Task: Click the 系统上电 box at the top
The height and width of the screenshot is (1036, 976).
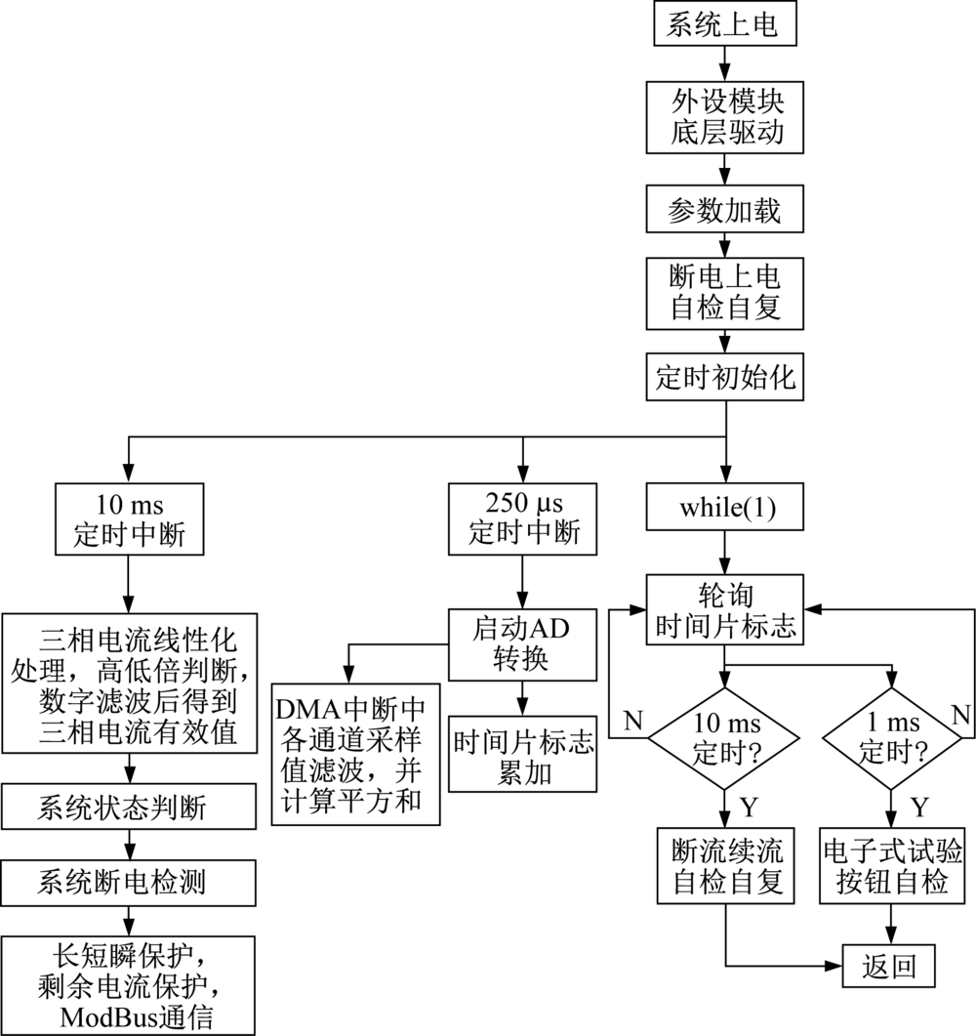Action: click(723, 24)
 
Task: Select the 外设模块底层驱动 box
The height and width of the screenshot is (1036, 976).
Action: click(723, 116)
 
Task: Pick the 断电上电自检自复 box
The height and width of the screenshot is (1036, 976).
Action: click(723, 292)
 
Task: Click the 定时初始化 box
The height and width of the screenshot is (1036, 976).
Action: click(723, 377)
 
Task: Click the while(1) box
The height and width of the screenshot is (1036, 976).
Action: click(723, 509)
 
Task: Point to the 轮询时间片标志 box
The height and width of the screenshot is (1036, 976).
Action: click(723, 609)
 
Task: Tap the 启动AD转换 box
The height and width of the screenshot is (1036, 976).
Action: click(524, 644)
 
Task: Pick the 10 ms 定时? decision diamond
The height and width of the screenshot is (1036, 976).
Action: click(723, 738)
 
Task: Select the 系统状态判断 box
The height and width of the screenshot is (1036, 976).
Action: click(129, 807)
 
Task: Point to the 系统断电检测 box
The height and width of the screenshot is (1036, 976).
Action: click(129, 882)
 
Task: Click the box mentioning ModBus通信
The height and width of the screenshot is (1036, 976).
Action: click(129, 984)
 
